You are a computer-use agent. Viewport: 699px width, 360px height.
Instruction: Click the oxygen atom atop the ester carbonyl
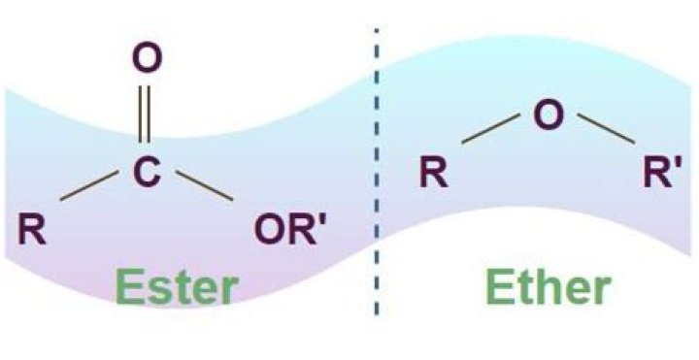click(x=146, y=59)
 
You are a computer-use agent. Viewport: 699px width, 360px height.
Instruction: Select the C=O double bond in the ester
click(x=146, y=115)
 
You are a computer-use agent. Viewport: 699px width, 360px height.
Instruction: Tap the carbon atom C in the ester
click(x=146, y=173)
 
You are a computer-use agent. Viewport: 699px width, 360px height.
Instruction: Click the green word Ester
click(x=177, y=288)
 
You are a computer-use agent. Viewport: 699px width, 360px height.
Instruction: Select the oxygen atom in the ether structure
click(x=549, y=115)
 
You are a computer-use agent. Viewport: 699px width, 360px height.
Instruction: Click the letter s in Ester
click(x=157, y=291)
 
